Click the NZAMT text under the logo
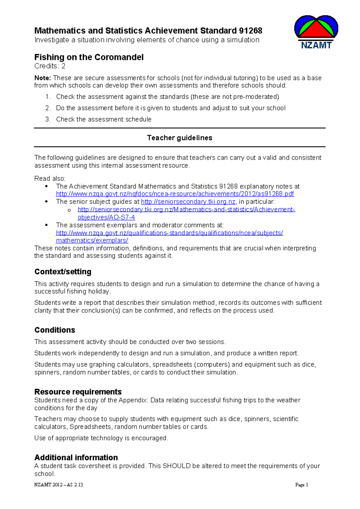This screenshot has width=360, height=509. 316,45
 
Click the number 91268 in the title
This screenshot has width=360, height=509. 250,31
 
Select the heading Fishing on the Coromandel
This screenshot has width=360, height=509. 89,57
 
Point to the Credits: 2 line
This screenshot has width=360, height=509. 50,66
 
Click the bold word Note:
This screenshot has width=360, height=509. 43,78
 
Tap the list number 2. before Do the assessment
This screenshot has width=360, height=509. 48,108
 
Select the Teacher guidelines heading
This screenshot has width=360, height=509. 179,138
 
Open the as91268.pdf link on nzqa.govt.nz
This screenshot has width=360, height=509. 175,194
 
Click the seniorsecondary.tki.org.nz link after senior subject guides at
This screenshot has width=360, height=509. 188,202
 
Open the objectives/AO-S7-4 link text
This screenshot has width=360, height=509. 106,217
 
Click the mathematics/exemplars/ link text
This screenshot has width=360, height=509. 92,240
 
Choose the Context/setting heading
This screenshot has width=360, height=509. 63,272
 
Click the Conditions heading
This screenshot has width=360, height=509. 55,330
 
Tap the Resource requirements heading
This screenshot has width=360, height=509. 78,392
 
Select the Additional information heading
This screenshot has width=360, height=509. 76,457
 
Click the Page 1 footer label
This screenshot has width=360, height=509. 301,485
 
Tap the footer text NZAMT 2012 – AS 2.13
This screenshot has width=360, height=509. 58,485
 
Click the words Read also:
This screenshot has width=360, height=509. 50,179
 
